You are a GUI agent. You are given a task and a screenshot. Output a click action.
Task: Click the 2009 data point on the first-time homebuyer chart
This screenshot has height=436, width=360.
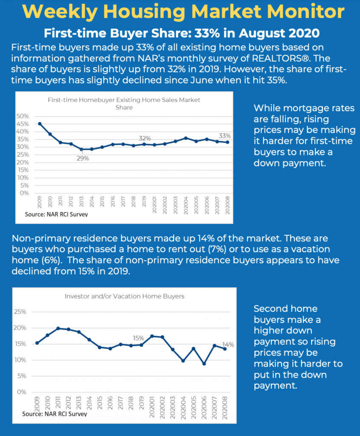click(40, 124)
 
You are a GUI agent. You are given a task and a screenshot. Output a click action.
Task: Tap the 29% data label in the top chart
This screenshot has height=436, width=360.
click(83, 158)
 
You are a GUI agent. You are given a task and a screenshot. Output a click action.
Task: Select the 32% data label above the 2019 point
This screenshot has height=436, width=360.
click(145, 138)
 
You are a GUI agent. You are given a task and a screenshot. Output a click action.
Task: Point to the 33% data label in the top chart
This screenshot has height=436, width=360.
click(225, 136)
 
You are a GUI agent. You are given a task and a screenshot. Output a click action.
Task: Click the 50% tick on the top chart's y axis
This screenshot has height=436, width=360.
click(23, 116)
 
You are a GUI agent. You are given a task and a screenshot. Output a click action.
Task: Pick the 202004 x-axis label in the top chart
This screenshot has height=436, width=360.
click(186, 205)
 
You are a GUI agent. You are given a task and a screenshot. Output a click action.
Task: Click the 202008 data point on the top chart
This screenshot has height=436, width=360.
click(228, 142)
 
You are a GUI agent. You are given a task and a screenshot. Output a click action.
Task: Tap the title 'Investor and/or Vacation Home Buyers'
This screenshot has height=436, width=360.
click(125, 296)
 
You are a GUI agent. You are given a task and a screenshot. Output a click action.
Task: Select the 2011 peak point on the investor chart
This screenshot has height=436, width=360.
click(58, 328)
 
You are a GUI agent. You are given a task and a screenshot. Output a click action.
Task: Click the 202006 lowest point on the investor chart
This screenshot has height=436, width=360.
click(204, 364)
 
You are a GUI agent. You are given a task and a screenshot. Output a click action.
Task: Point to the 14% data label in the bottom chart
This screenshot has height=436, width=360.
click(228, 345)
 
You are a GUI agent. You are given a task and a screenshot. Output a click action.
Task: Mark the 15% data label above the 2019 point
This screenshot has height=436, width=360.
click(138, 338)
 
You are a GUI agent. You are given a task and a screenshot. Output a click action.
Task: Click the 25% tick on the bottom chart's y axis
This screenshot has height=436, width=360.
click(20, 312)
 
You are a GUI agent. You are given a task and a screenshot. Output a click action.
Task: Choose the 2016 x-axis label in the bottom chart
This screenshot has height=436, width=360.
click(110, 403)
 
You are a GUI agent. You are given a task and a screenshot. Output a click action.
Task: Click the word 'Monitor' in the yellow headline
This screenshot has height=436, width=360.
click(306, 11)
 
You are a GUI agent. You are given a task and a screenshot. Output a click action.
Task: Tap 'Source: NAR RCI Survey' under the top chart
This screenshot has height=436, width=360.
click(57, 215)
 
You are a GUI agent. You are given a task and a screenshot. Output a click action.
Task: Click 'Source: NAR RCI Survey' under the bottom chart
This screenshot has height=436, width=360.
click(54, 414)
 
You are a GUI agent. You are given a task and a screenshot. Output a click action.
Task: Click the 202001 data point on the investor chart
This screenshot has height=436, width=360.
click(152, 336)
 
